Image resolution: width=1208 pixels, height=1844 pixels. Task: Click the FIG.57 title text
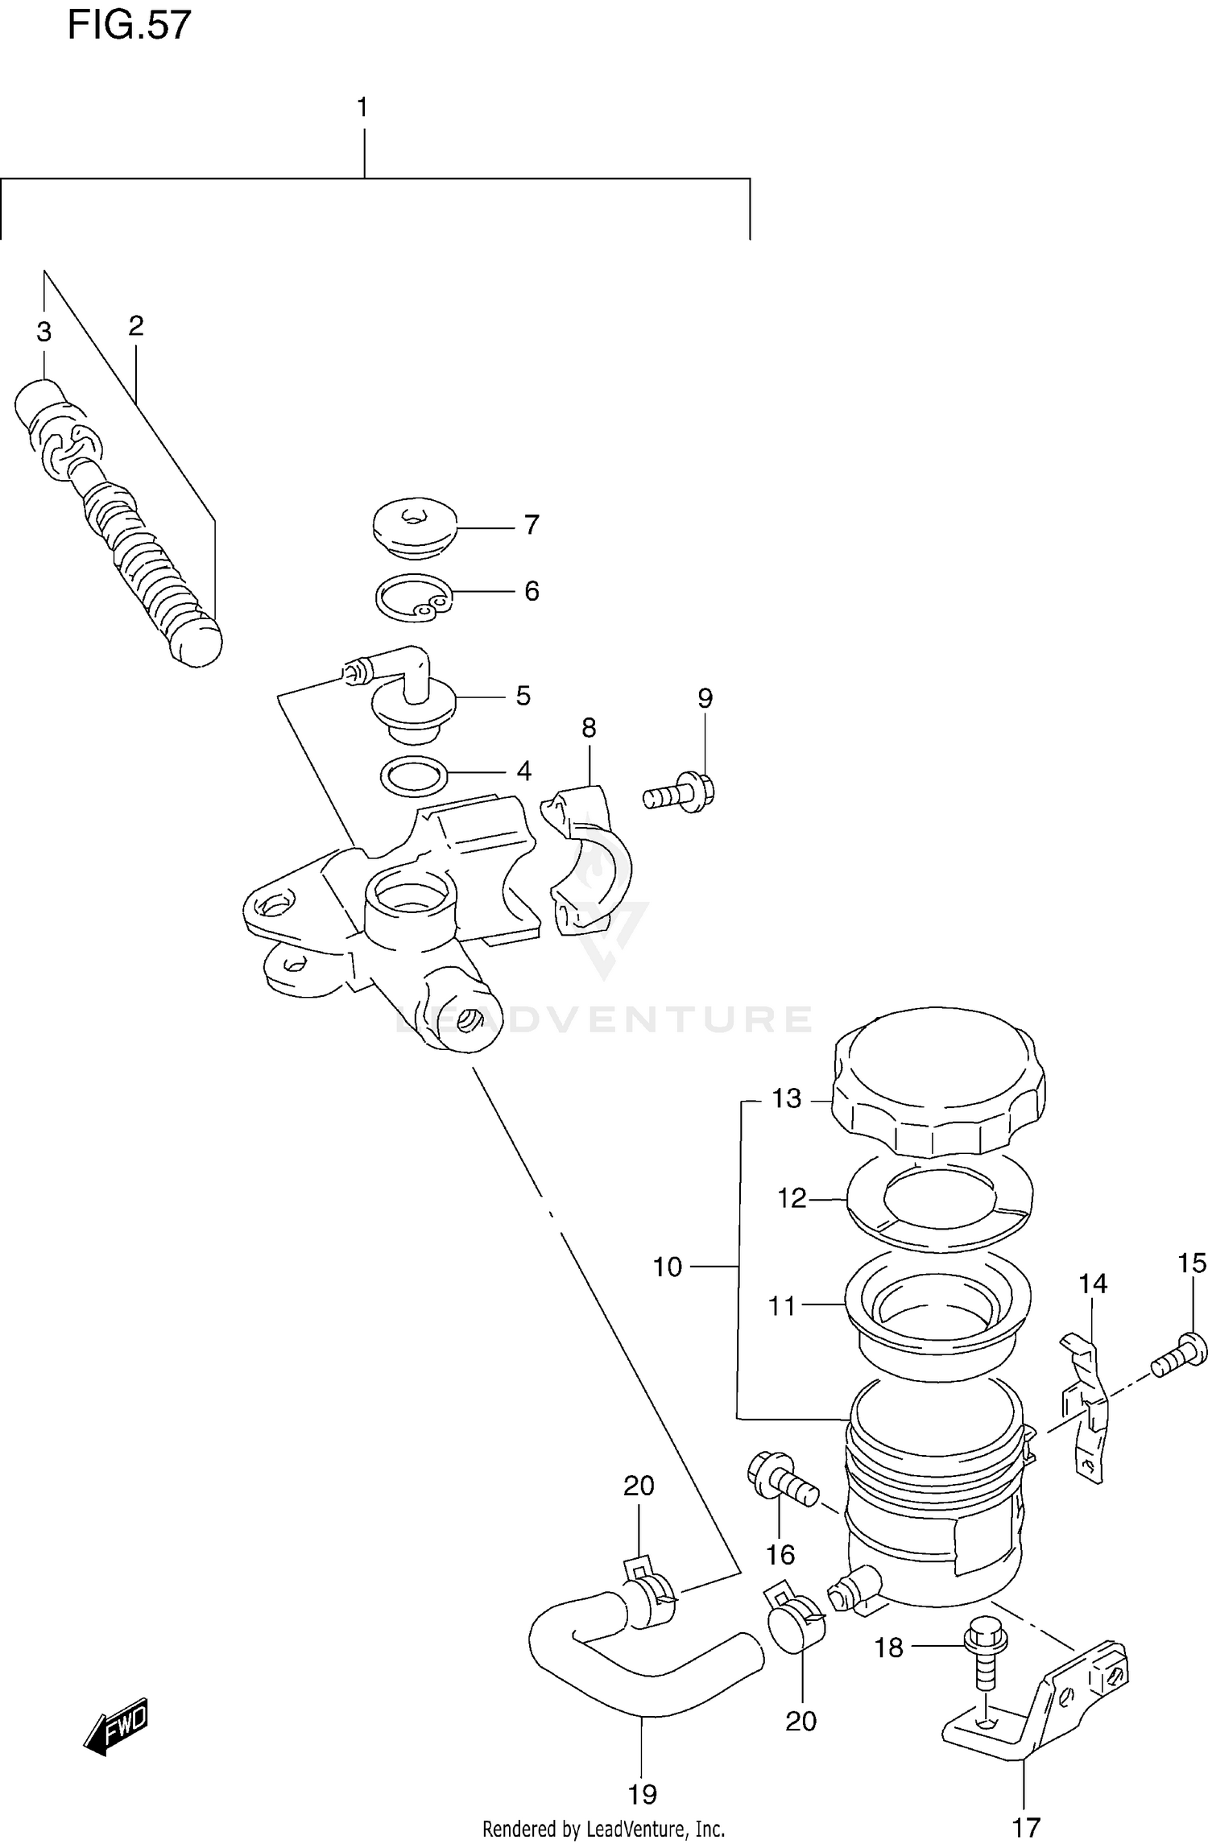point(129,26)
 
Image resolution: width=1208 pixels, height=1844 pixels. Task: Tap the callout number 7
point(531,525)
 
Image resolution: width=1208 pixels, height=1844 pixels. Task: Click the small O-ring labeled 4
point(414,775)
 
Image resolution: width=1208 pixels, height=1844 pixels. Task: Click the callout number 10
point(667,1267)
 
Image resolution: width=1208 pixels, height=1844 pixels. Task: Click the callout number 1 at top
point(362,106)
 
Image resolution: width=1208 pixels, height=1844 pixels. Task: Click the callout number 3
point(43,331)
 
